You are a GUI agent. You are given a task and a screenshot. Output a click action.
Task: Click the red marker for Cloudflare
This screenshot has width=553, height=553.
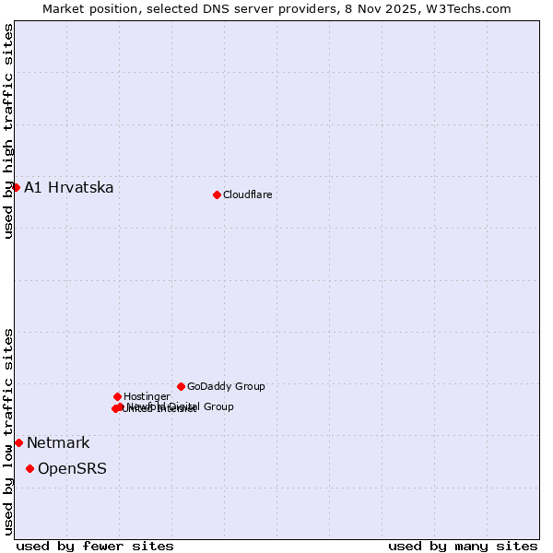click(217, 194)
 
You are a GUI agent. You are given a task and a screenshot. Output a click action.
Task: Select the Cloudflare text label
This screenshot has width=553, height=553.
click(247, 194)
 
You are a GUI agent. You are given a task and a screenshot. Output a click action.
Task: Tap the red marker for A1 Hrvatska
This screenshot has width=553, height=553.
click(16, 187)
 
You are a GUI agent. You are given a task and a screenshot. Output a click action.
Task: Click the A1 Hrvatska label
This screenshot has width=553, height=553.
click(69, 188)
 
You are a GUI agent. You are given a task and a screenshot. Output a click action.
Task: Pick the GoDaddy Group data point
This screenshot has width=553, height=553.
click(181, 386)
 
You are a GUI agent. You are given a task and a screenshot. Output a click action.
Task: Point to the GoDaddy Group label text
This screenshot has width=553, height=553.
click(226, 386)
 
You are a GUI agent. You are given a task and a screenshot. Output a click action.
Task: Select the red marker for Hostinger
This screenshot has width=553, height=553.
click(117, 396)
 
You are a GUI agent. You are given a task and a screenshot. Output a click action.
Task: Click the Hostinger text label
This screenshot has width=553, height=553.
click(147, 396)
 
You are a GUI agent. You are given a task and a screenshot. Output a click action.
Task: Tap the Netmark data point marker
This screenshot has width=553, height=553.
click(18, 442)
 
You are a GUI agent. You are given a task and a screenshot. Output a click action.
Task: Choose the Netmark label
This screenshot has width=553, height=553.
click(58, 443)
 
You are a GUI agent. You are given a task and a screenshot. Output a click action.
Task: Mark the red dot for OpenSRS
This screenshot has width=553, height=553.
click(29, 468)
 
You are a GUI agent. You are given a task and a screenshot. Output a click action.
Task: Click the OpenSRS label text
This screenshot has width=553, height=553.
click(72, 469)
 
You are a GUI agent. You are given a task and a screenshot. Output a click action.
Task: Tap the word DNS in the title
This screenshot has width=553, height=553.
click(213, 8)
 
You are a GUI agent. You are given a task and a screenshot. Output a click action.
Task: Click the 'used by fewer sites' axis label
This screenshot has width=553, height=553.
click(95, 546)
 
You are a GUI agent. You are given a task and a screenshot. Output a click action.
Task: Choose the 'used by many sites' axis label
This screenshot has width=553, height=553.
click(463, 546)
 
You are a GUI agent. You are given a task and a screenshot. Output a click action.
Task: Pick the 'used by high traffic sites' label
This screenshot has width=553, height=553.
click(8, 131)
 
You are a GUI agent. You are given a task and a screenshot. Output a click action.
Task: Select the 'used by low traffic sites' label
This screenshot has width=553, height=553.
click(8, 430)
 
